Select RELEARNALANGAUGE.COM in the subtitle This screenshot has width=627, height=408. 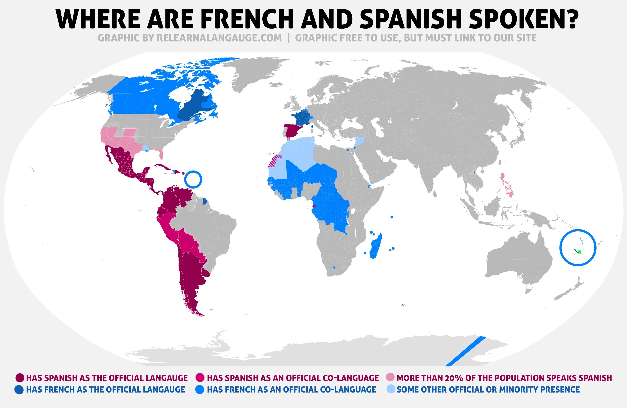(x=219, y=38)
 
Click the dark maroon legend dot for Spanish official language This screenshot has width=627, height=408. (x=20, y=378)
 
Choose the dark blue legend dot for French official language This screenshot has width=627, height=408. (x=19, y=389)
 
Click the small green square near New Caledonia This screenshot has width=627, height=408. (x=579, y=252)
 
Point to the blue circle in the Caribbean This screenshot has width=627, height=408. (x=193, y=179)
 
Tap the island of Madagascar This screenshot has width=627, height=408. (x=375, y=246)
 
